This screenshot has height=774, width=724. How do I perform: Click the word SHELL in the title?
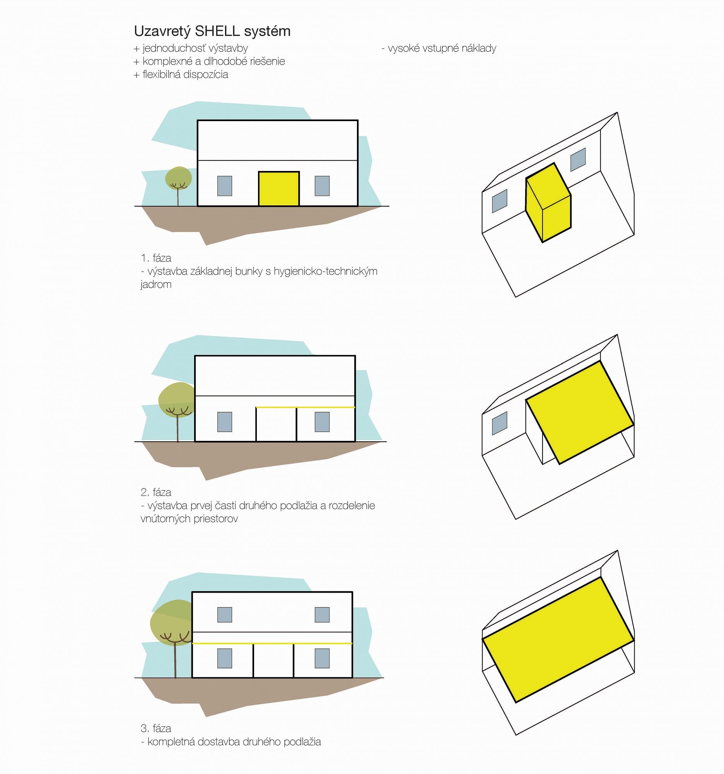click(217, 31)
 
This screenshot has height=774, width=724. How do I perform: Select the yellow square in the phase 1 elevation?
click(279, 189)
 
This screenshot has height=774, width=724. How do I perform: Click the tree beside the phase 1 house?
click(178, 185)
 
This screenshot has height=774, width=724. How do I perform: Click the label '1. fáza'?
click(156, 258)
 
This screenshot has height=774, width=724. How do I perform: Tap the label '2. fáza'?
click(156, 492)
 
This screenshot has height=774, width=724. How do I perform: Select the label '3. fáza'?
click(156, 728)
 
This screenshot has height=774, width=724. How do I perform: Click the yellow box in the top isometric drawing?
click(548, 203)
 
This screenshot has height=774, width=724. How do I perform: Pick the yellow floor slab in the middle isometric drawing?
click(580, 413)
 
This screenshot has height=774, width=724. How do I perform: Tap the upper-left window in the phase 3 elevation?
click(225, 615)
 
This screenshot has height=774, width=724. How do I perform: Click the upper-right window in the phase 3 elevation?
click(322, 615)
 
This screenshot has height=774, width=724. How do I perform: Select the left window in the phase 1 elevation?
click(225, 186)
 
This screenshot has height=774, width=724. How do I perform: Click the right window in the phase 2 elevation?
click(322, 422)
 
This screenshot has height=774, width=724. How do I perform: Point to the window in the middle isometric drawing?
click(500, 423)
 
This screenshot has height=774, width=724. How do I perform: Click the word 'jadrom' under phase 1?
click(156, 285)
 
